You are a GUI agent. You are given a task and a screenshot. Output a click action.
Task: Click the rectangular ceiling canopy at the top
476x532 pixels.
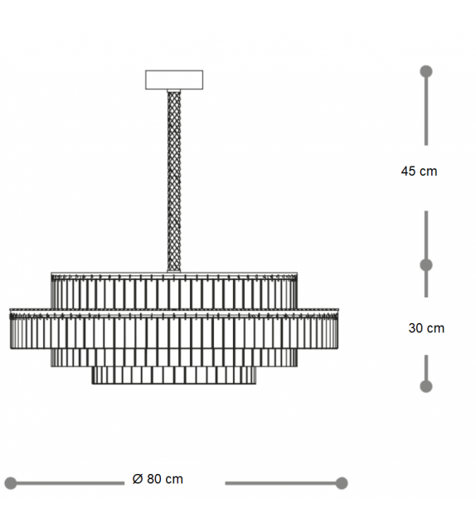[174, 80]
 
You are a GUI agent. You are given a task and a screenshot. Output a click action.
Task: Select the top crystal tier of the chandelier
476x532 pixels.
[174, 290]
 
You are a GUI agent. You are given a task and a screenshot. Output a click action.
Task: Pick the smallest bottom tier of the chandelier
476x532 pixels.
[174, 375]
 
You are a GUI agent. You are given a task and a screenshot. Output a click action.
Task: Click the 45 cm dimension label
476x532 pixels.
[419, 172]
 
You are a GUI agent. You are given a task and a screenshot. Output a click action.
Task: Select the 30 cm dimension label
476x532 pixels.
[426, 328]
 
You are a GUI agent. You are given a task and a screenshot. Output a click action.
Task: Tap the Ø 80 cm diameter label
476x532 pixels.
[158, 479]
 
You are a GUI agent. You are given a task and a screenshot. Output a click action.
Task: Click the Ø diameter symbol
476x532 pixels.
[138, 479]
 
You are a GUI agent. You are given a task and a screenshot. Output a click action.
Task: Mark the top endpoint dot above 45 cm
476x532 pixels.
[426, 71]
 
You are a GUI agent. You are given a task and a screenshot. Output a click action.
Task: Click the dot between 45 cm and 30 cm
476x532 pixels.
[426, 265]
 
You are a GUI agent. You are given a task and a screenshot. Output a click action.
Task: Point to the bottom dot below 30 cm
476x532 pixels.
[426, 386]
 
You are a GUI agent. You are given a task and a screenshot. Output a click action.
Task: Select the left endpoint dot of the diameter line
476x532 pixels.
[11, 483]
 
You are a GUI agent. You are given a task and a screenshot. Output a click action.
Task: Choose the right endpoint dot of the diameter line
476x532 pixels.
[341, 483]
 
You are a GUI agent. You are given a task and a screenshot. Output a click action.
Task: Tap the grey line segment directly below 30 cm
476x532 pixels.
[426, 369]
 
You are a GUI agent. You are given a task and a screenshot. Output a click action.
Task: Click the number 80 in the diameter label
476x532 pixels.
[154, 479]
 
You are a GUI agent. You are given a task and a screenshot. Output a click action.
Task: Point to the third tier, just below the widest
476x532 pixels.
[174, 357]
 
